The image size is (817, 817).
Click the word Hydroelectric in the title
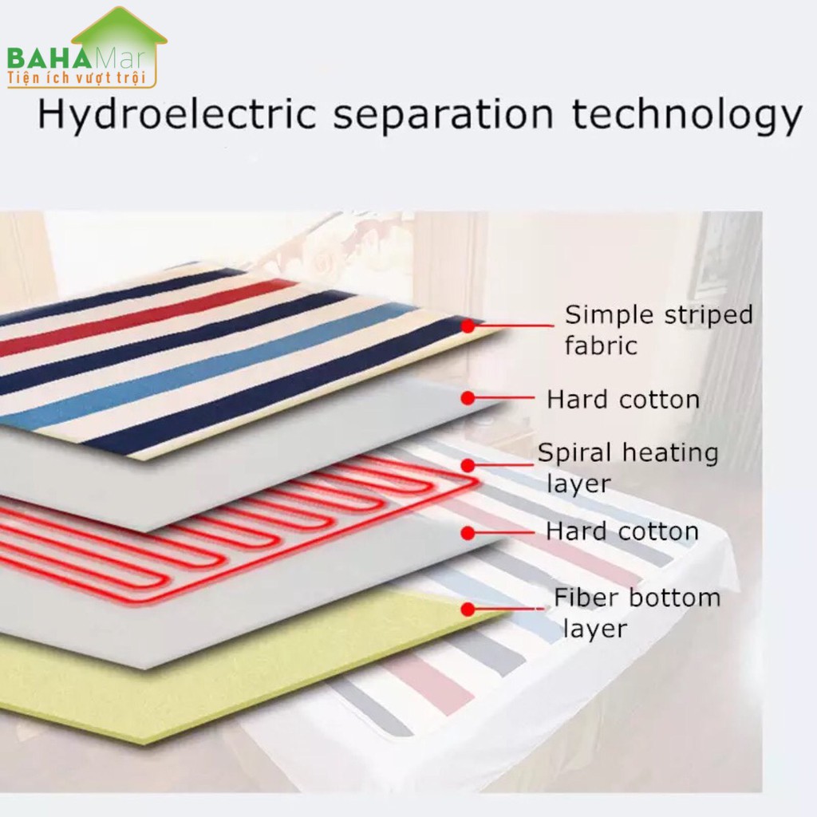pos(178,114)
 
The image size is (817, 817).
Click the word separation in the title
pos(444,115)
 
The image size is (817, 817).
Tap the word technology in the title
pos(686,114)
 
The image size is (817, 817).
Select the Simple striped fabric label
pos(658,330)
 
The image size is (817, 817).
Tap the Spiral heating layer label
pos(628,468)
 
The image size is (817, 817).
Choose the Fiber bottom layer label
pos(637,613)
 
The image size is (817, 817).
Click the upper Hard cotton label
pos(622,400)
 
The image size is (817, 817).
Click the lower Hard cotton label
pos(622,531)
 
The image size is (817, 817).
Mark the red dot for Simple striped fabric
pos(468,326)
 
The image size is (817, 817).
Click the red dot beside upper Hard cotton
pos(468,398)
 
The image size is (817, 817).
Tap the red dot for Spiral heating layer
pos(468,465)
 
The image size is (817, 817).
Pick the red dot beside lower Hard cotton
pos(468,533)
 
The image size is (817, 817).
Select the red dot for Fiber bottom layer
pos(468,609)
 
